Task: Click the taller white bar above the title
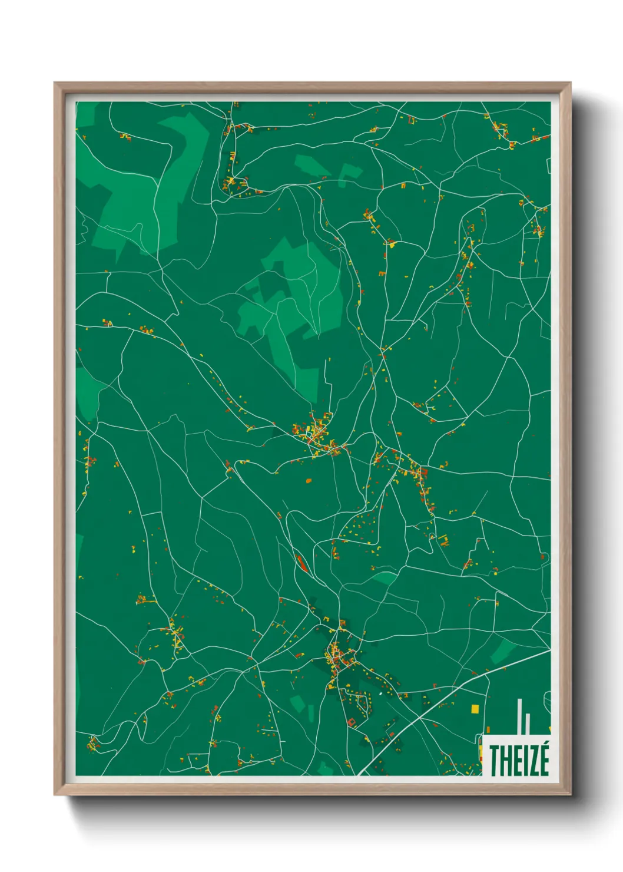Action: pyautogui.click(x=519, y=716)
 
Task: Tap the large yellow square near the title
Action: pyautogui.click(x=475, y=709)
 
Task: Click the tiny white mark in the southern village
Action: pyautogui.click(x=381, y=693)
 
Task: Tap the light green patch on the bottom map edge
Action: pyautogui.click(x=324, y=768)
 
